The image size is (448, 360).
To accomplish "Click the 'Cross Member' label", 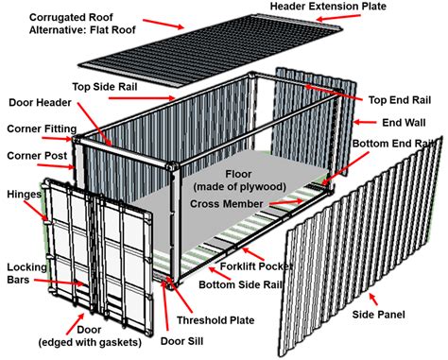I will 228,203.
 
